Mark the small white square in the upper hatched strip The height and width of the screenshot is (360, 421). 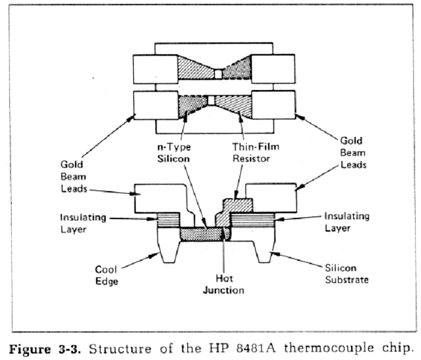(x=217, y=74)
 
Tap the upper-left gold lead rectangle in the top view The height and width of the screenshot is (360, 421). (x=154, y=67)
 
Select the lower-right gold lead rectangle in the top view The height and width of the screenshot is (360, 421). (x=273, y=105)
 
